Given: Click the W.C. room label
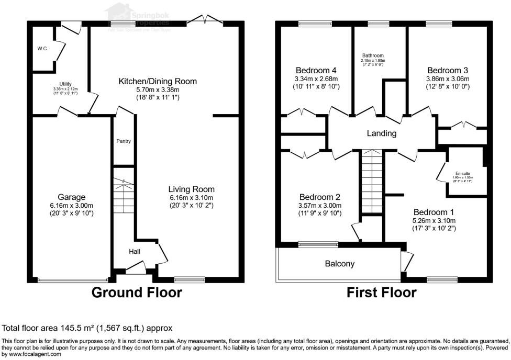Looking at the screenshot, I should (x=42, y=49).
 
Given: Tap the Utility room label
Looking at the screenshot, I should (x=65, y=84).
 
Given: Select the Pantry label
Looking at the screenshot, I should (x=124, y=141).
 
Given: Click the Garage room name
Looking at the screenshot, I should (x=72, y=197).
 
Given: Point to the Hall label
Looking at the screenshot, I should (x=135, y=252).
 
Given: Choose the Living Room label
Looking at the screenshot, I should (x=191, y=189).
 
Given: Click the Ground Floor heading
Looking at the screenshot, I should (x=137, y=292).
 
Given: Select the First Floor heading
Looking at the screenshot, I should (x=382, y=292).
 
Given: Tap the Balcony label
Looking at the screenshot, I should (x=339, y=264).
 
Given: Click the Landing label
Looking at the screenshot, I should (x=381, y=133).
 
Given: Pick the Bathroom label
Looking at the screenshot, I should (x=373, y=55).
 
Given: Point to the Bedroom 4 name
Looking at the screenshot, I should (x=316, y=71).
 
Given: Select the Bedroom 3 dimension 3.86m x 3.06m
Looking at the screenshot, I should (x=447, y=78).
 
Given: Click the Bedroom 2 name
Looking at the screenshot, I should (x=319, y=197).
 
